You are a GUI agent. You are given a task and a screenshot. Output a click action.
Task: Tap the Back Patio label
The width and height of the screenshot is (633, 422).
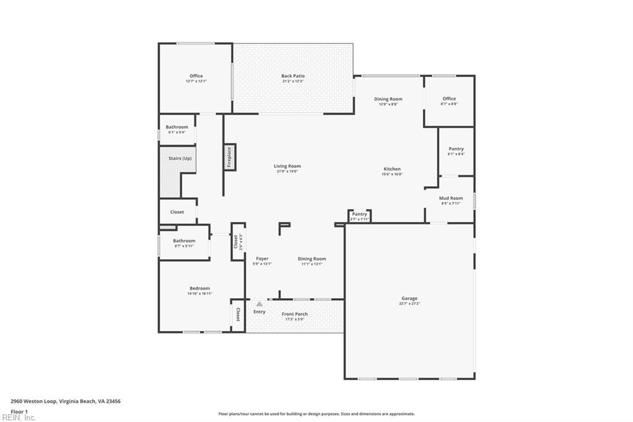point(292,76)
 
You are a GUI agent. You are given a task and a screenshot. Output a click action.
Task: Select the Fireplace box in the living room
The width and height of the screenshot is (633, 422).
point(229,157)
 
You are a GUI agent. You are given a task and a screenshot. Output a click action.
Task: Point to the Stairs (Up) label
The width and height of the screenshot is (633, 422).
point(176,159)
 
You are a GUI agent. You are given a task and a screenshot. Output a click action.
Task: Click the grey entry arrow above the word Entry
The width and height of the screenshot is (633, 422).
point(259,304)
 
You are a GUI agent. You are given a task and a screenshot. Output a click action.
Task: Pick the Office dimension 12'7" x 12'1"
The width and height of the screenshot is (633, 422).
point(196,82)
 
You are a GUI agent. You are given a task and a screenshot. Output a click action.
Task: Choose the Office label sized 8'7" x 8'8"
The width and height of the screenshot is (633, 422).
point(449,99)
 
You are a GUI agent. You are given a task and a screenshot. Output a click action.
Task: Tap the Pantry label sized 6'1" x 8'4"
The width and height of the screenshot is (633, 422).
point(456,149)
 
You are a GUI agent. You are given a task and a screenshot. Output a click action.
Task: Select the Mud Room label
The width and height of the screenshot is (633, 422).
point(451,198)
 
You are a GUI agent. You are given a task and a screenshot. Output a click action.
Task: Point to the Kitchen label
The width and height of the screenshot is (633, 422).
point(392,169)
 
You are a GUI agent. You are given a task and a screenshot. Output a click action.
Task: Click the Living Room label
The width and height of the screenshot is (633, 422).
point(287,166)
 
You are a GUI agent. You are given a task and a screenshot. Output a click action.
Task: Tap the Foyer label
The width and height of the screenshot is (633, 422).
point(262,259)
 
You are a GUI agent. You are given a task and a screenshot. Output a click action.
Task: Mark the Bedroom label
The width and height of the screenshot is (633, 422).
point(199,288)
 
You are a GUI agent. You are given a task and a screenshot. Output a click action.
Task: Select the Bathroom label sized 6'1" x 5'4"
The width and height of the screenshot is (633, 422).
point(176,127)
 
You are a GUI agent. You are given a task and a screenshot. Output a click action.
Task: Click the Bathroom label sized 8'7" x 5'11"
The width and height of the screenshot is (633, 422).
point(184,241)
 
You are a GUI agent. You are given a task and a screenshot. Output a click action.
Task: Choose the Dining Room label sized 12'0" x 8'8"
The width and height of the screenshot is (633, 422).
point(388,99)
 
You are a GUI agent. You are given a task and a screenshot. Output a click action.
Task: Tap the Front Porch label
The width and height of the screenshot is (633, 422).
point(294,314)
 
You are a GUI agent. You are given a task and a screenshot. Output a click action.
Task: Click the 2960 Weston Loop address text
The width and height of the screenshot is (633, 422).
point(66,401)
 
